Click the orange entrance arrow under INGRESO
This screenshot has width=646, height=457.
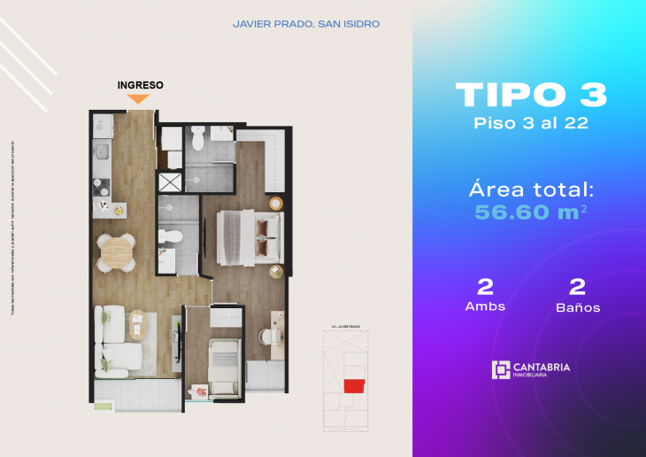[x=139, y=98]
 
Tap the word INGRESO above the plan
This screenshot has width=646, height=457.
[x=140, y=85]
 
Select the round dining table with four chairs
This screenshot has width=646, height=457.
[x=116, y=252]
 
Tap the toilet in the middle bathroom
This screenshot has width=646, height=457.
[x=173, y=237]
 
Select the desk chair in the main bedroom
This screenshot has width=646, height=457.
[x=265, y=337]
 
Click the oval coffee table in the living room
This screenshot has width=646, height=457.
[x=136, y=326]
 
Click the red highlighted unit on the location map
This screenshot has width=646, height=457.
[x=354, y=386]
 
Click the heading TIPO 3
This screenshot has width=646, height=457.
[x=531, y=95]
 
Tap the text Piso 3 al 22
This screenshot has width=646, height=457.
[x=531, y=123]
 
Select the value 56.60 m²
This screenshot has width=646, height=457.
[x=531, y=212]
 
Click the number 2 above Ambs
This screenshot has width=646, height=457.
[x=485, y=286]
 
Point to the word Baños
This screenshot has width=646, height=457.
[x=578, y=307]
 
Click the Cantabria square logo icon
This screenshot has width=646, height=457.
[x=501, y=369]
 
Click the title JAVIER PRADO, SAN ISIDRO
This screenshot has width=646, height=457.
[x=305, y=24]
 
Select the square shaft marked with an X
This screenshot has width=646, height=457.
[x=168, y=182]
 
